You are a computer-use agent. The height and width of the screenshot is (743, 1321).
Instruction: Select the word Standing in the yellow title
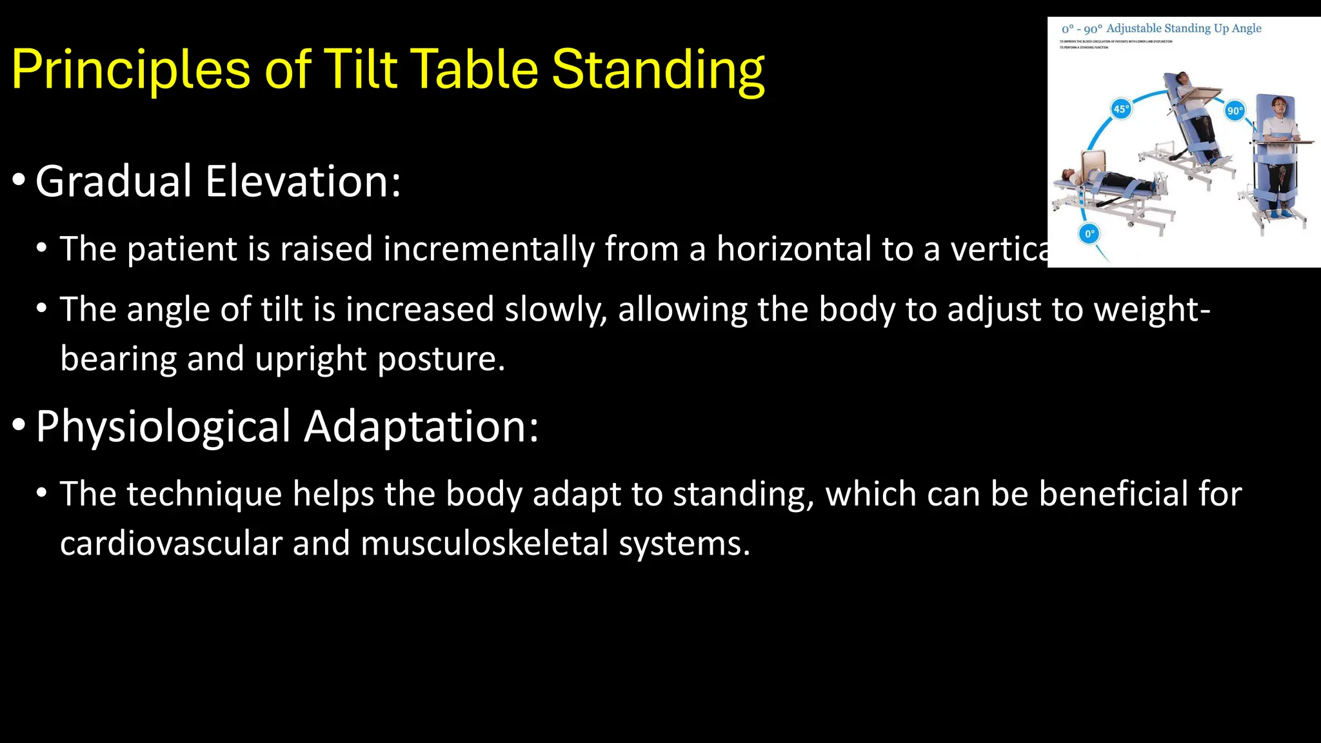[658, 70]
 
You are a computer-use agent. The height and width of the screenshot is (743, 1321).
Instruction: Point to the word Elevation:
[303, 181]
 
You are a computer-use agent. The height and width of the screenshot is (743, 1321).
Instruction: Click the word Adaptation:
[421, 426]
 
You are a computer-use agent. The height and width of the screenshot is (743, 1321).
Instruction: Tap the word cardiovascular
[171, 543]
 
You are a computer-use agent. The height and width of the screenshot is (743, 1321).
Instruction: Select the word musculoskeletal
[484, 543]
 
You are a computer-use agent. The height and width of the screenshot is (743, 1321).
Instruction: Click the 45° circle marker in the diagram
[1121, 109]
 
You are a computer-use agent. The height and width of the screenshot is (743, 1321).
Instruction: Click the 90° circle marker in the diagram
[1235, 110]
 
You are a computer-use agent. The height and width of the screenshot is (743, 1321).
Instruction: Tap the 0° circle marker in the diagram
[1089, 233]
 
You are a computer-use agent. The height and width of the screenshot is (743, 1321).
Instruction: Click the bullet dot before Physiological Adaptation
[19, 425]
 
